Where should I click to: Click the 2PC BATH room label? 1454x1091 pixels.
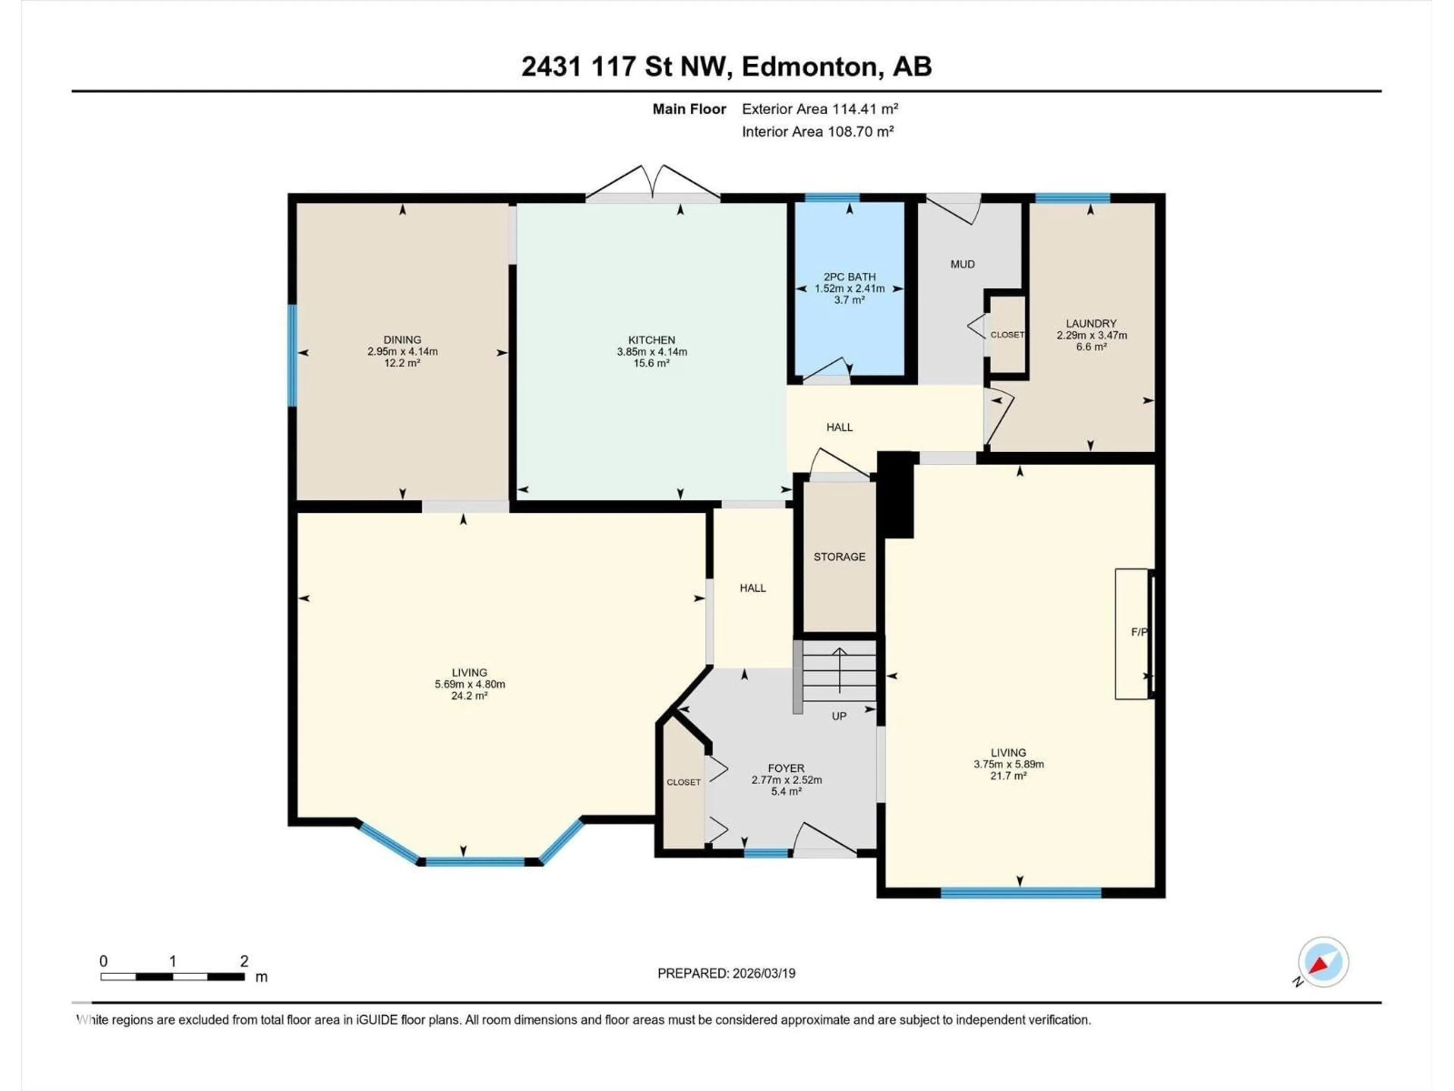click(x=849, y=277)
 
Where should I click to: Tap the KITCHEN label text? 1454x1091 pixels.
click(x=651, y=340)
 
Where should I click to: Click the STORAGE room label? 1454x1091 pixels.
click(x=839, y=557)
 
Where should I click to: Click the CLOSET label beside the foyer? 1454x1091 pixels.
click(x=683, y=782)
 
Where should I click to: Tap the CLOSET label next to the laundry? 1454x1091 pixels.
click(x=1007, y=335)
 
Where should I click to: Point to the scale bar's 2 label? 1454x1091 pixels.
click(x=244, y=961)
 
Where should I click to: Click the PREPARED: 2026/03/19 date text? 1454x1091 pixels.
click(x=726, y=973)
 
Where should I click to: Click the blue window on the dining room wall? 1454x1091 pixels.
click(x=293, y=355)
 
